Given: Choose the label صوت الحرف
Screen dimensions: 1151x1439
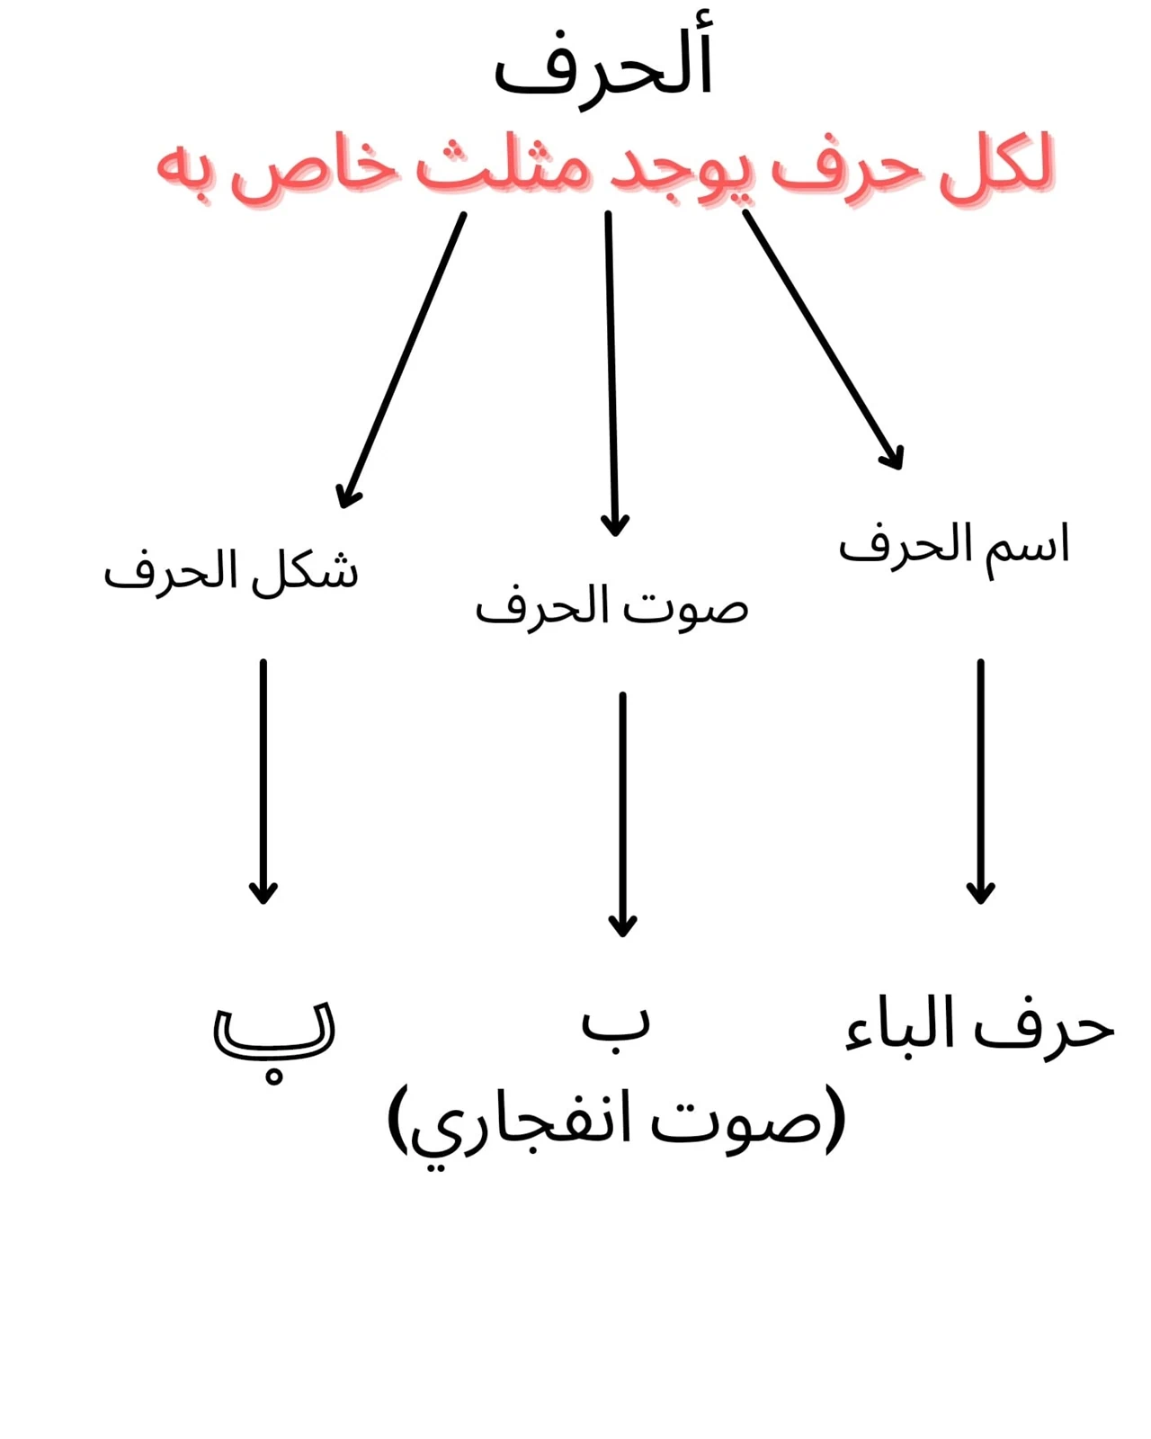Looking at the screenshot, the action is tap(611, 606).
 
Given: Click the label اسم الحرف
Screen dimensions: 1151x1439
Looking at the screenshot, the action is tap(954, 549).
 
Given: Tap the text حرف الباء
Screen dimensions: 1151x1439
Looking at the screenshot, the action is tap(980, 1031).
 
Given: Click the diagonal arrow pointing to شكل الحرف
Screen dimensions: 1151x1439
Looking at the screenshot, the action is tap(401, 360).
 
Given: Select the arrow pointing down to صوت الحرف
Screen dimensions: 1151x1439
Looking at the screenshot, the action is tap(611, 374).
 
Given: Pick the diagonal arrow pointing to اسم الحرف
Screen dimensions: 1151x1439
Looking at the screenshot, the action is tap(824, 340).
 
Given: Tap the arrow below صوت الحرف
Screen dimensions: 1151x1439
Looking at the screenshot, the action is tap(622, 815).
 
